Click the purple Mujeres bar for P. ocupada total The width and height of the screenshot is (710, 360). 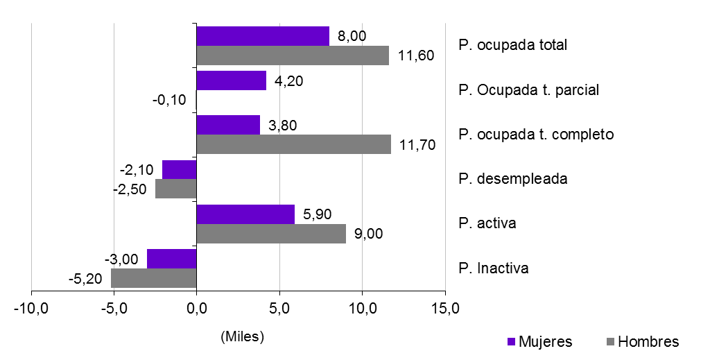(x=263, y=36)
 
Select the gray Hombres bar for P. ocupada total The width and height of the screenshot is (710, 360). (x=293, y=55)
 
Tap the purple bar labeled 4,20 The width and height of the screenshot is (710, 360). (x=232, y=80)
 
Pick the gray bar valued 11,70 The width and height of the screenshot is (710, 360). (x=293, y=144)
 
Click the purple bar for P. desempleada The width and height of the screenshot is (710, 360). (x=180, y=169)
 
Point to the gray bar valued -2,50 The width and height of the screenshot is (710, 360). (x=176, y=189)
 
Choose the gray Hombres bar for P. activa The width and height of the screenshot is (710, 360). (x=271, y=234)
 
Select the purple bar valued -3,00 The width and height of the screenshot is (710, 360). (x=172, y=259)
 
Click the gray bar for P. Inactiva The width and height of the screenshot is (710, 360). (x=154, y=278)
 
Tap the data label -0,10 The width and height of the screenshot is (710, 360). (x=169, y=100)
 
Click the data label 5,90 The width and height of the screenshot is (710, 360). (x=318, y=215)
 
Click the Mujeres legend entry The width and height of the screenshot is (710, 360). (x=540, y=342)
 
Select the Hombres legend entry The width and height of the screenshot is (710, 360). (x=642, y=342)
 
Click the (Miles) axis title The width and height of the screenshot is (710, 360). (x=243, y=337)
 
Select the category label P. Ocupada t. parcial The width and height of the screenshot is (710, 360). (x=528, y=90)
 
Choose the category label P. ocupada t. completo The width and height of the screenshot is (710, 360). (x=536, y=135)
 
